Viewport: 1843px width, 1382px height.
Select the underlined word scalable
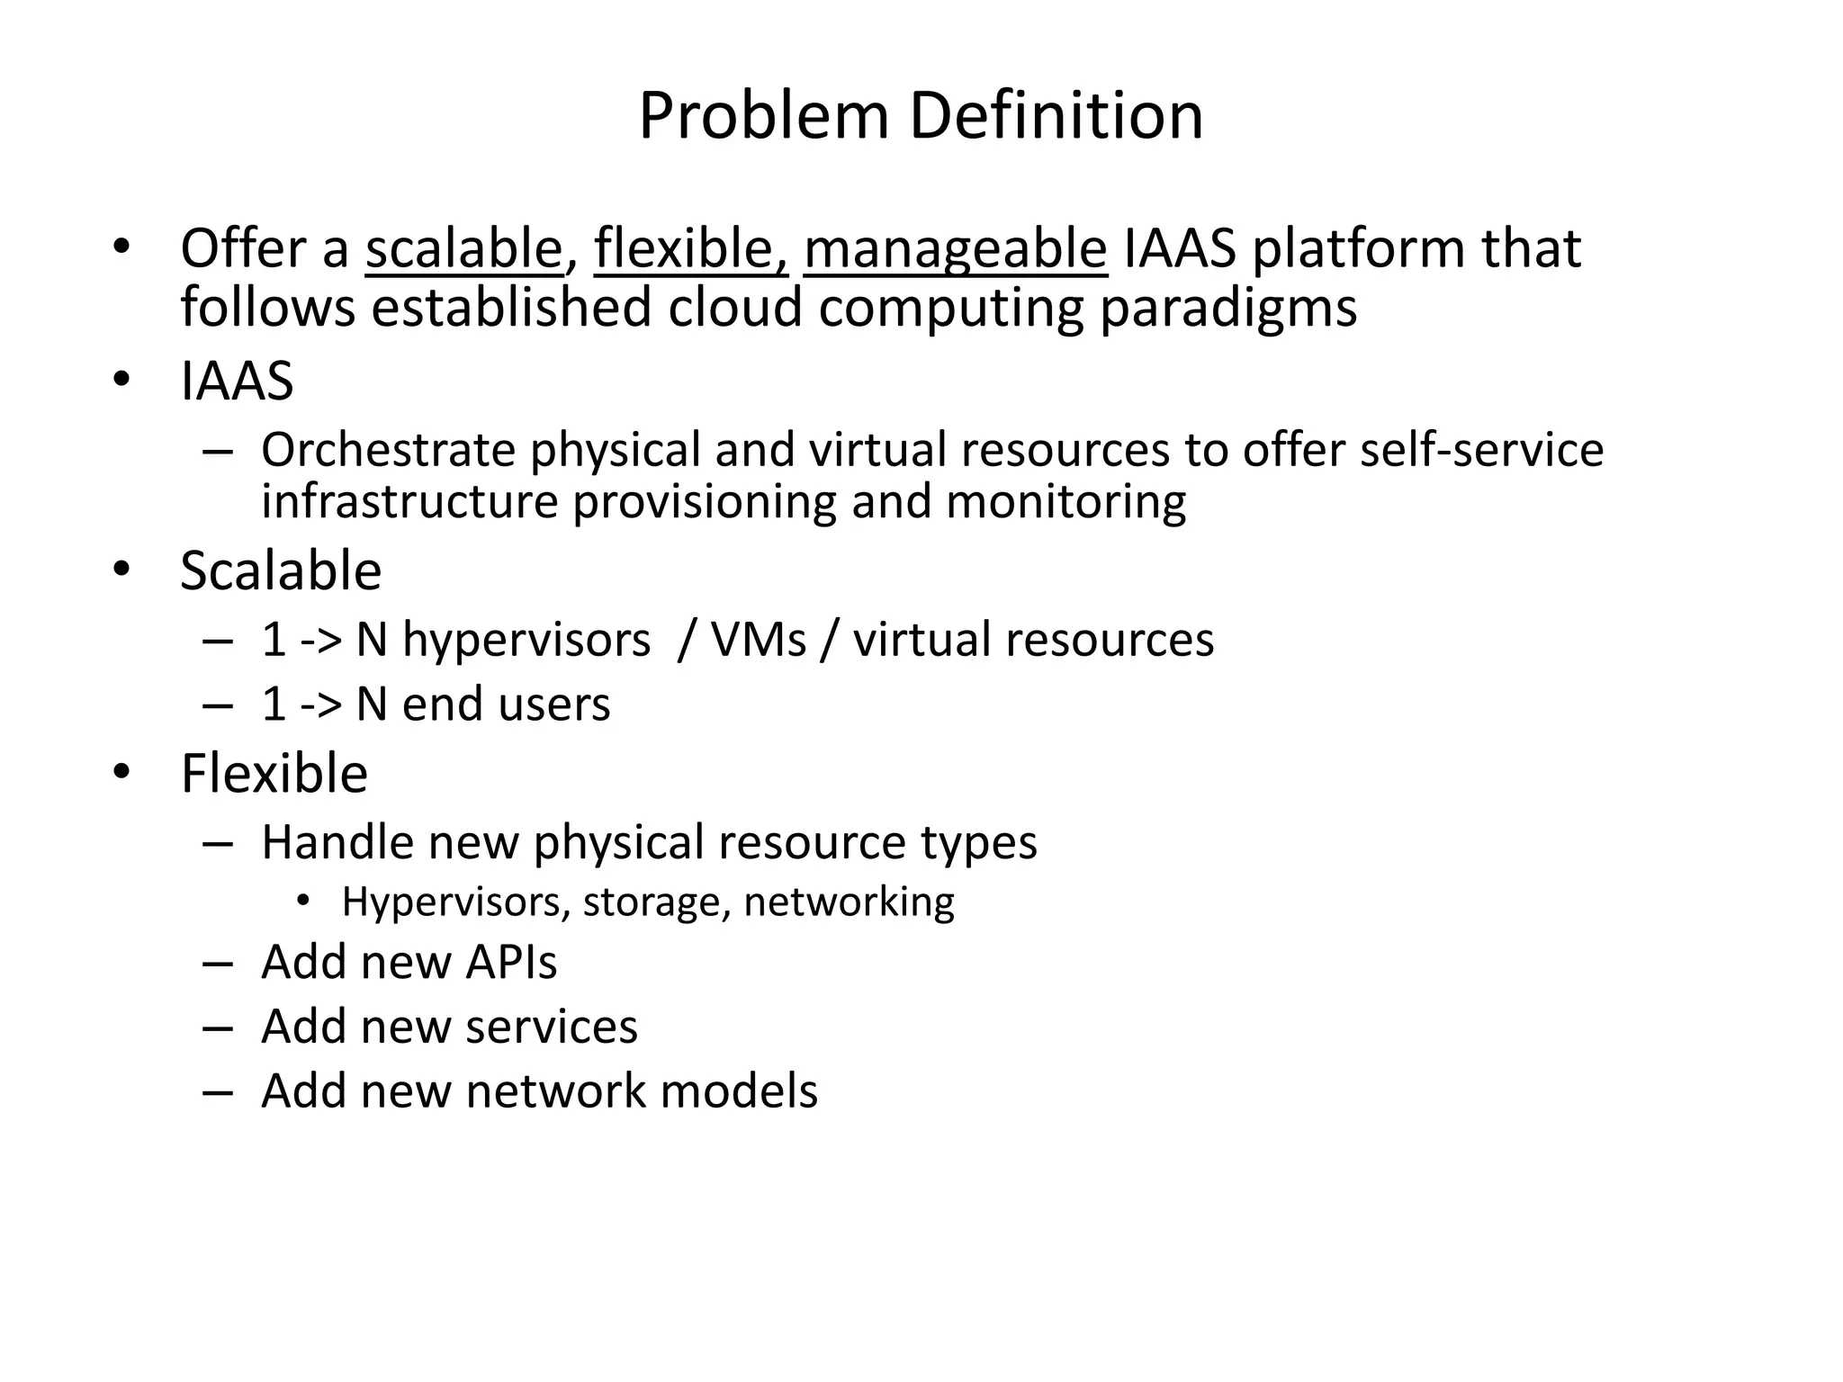463,248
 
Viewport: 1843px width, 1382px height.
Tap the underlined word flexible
690,248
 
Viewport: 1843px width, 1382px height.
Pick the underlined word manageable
955,248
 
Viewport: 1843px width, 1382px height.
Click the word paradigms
1228,308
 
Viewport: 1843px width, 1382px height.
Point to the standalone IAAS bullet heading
237,381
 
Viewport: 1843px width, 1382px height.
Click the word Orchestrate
387,450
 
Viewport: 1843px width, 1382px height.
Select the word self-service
1481,450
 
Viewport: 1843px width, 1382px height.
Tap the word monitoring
1065,501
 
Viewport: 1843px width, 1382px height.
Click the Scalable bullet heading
281,570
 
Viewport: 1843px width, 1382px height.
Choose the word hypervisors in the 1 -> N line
526,641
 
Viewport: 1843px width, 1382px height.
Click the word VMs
758,641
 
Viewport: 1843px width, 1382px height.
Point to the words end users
506,704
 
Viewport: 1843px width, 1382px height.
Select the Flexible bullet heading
274,773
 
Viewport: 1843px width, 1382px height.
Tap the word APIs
511,962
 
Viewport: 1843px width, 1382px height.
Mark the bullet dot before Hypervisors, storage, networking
303,901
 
